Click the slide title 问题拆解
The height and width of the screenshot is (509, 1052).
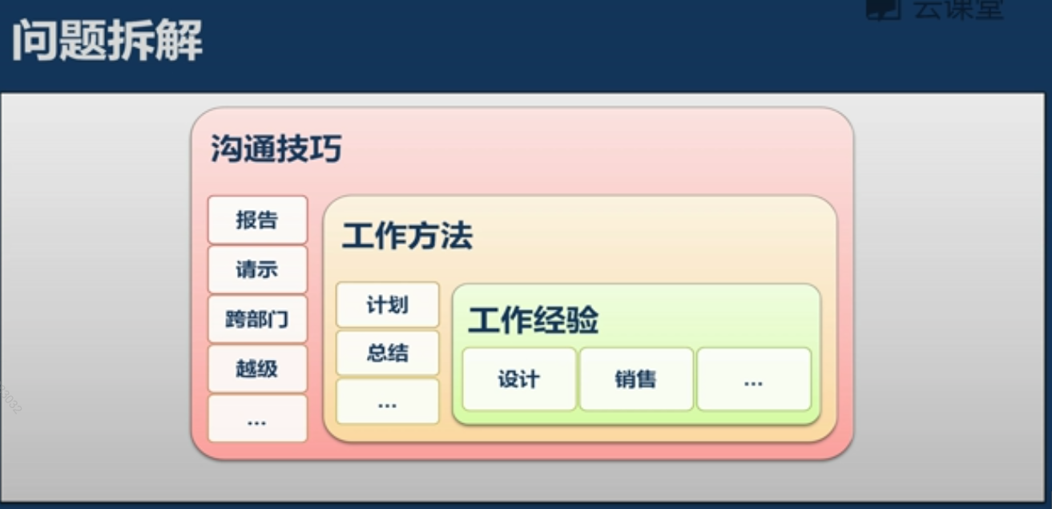107,41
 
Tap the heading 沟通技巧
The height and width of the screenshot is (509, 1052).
276,149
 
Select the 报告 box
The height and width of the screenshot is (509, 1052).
257,220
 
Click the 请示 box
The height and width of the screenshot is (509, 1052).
257,270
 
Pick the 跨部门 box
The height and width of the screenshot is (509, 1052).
257,320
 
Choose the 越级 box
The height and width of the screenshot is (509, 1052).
257,369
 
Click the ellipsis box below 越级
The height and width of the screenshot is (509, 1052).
257,418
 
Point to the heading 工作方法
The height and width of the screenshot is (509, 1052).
407,236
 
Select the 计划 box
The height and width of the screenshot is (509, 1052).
388,305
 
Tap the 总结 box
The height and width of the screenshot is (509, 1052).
388,353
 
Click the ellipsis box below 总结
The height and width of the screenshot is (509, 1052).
388,402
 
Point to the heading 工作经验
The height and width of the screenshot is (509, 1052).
534,321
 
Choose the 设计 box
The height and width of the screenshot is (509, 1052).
519,379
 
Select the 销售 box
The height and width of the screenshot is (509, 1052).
636,379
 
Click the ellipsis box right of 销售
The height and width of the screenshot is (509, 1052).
753,379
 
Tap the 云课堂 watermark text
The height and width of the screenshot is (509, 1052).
957,10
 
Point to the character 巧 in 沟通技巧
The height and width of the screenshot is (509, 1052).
326,149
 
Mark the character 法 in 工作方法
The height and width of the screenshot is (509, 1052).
457,236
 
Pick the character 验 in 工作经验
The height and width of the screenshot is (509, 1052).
583,321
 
